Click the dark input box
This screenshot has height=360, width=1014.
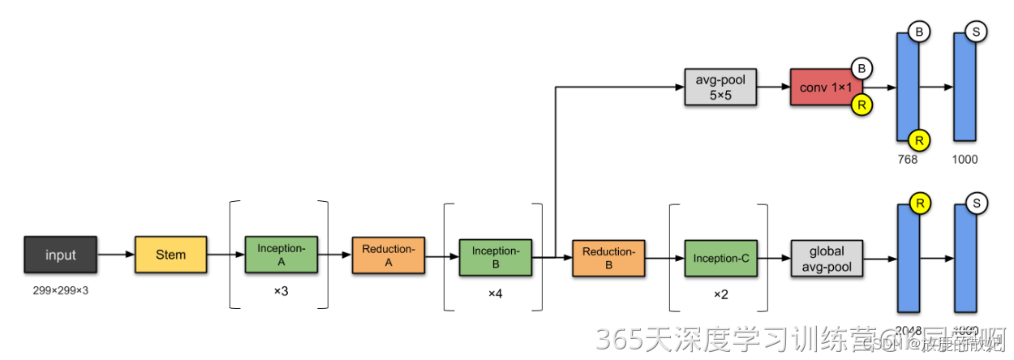(60, 255)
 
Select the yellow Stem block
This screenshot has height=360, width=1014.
(170, 255)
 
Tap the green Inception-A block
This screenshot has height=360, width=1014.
(281, 255)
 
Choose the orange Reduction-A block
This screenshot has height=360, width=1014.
(388, 255)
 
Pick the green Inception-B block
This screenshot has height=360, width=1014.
(495, 258)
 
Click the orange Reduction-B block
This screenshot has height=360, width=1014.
(608, 258)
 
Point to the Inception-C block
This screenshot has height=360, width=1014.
(720, 258)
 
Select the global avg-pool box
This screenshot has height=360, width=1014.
(827, 258)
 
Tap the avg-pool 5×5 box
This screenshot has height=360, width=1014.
(720, 87)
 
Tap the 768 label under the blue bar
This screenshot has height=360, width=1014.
(907, 159)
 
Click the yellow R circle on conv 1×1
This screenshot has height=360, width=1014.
(861, 104)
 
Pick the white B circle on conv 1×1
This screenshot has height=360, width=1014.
(861, 68)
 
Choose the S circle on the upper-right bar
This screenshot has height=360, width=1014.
(977, 32)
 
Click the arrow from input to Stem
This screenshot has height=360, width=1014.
(115, 255)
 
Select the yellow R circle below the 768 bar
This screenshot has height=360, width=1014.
(919, 139)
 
